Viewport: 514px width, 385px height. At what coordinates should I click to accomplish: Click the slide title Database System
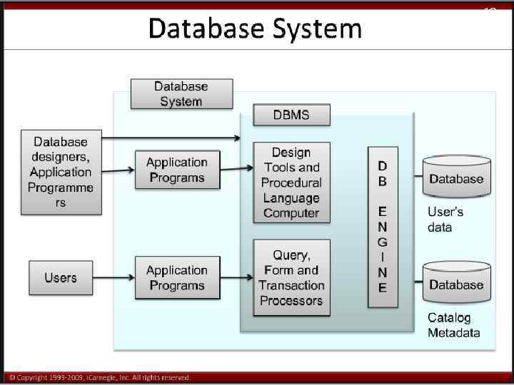pyautogui.click(x=255, y=29)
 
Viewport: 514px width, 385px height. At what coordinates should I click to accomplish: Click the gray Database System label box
pyautogui.click(x=181, y=93)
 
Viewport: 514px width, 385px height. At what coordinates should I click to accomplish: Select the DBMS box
pyautogui.click(x=291, y=114)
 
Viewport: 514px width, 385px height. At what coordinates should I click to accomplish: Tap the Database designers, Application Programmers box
pyautogui.click(x=61, y=172)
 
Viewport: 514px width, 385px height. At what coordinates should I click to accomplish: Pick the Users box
pyautogui.click(x=61, y=277)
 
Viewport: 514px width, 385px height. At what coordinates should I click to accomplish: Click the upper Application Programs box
pyautogui.click(x=176, y=170)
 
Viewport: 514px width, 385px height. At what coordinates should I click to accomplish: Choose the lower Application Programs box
pyautogui.click(x=176, y=277)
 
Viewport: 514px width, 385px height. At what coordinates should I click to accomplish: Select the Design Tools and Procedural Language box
pyautogui.click(x=291, y=183)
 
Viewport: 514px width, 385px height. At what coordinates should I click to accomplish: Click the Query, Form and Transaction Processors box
pyautogui.click(x=291, y=277)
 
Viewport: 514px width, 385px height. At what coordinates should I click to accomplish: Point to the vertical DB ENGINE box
pyautogui.click(x=383, y=226)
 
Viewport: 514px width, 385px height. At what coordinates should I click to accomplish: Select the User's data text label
pyautogui.click(x=445, y=220)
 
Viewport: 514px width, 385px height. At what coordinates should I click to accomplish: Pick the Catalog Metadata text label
pyautogui.click(x=454, y=325)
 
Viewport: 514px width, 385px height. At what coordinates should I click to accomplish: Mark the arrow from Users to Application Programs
pyautogui.click(x=114, y=277)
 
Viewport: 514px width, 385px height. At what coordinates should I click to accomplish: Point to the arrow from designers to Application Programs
pyautogui.click(x=114, y=170)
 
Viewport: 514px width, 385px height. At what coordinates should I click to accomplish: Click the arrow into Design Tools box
pyautogui.click(x=236, y=168)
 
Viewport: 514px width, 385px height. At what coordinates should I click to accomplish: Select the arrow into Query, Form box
pyautogui.click(x=236, y=277)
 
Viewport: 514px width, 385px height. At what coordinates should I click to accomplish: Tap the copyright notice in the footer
pyautogui.click(x=100, y=377)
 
